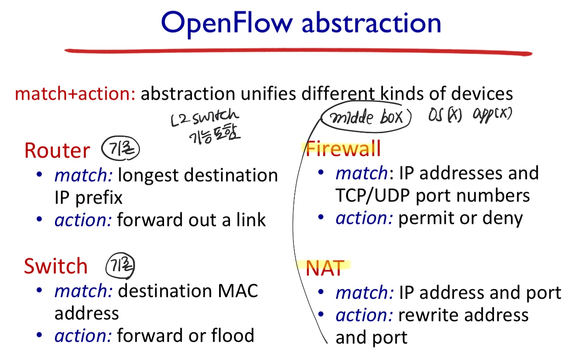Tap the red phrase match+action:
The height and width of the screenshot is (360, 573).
(x=75, y=93)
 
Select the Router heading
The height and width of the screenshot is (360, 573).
(x=57, y=150)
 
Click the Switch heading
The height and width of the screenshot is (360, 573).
(x=56, y=266)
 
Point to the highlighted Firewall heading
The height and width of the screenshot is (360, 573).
(x=343, y=149)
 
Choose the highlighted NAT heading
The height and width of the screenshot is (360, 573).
(x=325, y=268)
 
